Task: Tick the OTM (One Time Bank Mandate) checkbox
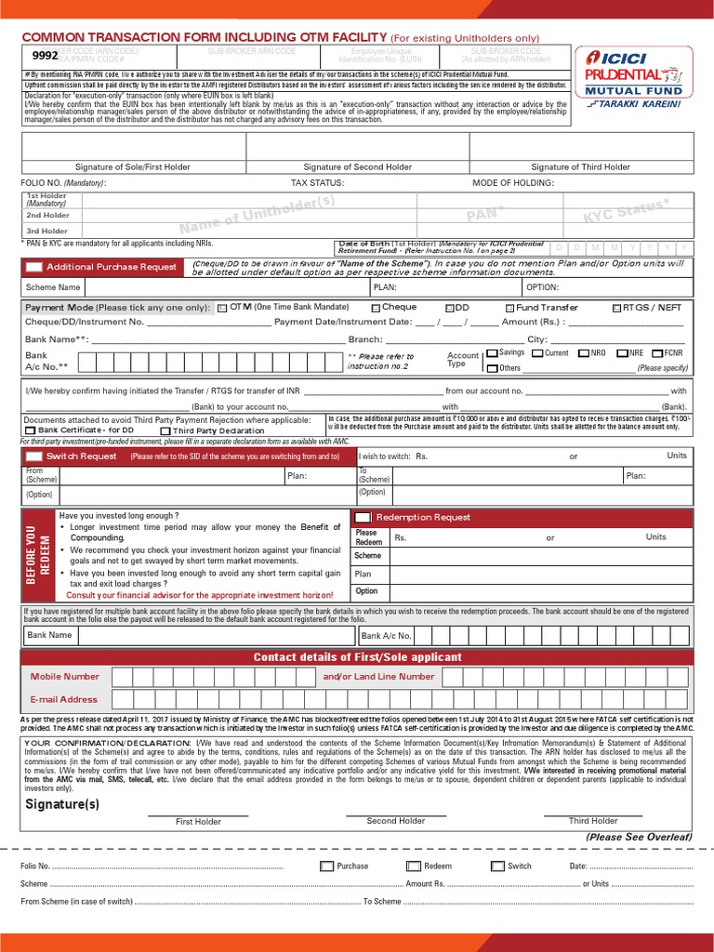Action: click(x=222, y=308)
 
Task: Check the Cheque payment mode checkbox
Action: click(x=375, y=308)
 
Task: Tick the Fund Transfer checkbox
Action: click(x=509, y=308)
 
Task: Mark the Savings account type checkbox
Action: click(x=492, y=353)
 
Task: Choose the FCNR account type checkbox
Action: click(x=657, y=353)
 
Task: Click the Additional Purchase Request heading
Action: click(x=111, y=267)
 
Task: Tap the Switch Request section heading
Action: click(x=81, y=456)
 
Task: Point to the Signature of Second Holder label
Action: click(x=358, y=167)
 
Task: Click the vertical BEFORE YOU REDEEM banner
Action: click(x=40, y=555)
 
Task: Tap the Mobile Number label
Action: click(x=64, y=677)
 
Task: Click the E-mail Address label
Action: click(x=64, y=699)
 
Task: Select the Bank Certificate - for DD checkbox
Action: click(x=31, y=430)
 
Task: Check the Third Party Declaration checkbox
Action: click(x=165, y=430)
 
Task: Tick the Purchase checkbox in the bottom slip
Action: click(x=325, y=866)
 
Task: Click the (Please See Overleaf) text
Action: click(x=640, y=837)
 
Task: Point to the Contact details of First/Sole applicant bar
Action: click(x=357, y=657)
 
